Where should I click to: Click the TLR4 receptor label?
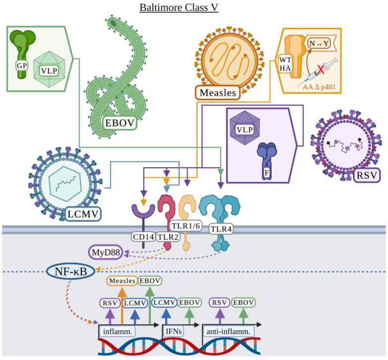[220, 229]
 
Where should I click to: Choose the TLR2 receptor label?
[166, 237]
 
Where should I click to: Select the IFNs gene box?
[175, 331]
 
